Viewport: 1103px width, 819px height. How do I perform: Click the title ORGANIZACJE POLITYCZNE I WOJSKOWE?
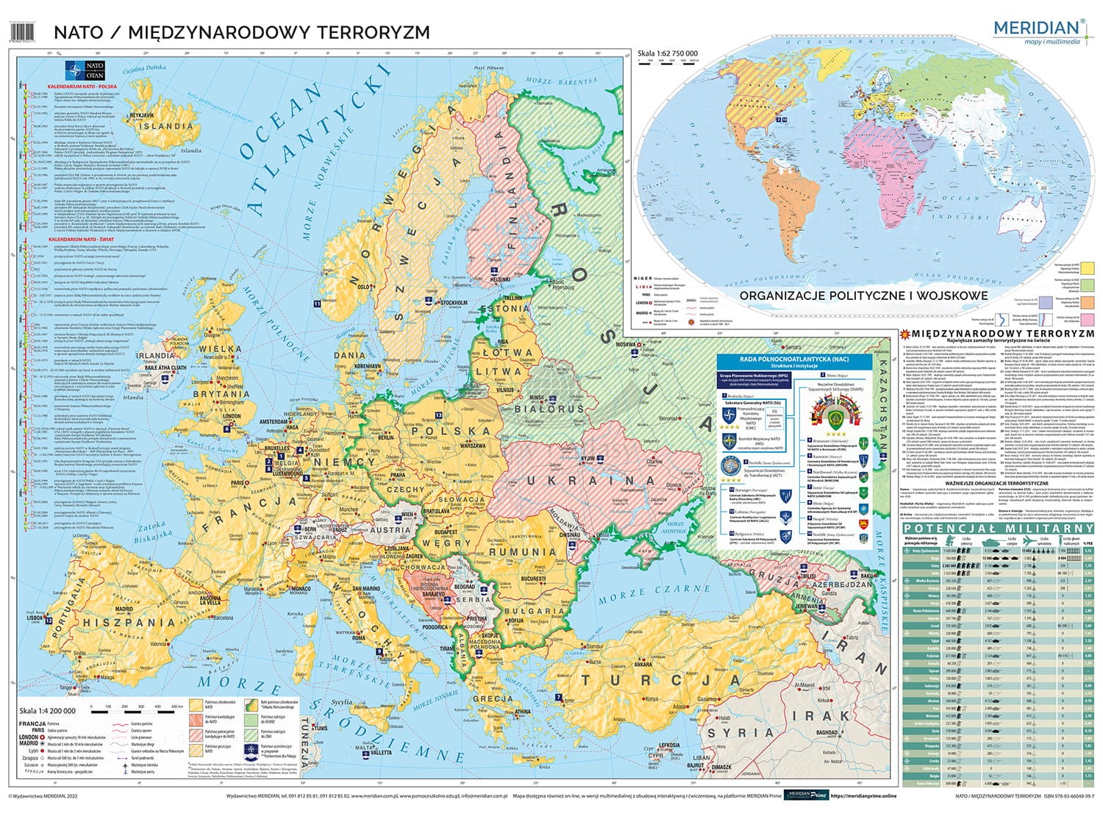coord(863,296)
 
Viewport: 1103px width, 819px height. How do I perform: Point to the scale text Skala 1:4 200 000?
coord(46,710)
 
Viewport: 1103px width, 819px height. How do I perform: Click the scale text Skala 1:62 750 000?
coord(668,54)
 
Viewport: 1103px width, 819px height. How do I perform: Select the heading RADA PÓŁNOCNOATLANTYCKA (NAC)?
coord(794,360)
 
